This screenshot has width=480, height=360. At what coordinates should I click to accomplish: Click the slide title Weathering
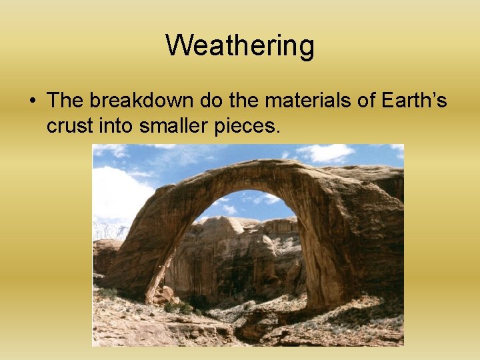click(239, 45)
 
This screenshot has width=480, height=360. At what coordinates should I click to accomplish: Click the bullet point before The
click(31, 101)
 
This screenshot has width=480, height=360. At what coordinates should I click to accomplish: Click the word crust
click(69, 125)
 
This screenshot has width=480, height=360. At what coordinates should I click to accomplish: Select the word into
click(116, 125)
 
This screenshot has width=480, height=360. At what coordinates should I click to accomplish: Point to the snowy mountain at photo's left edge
click(107, 230)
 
